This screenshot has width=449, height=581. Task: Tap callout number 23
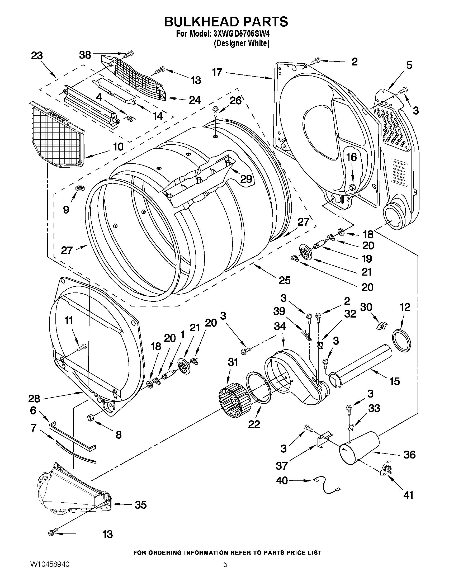pyautogui.click(x=37, y=56)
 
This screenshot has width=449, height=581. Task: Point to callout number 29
pyautogui.click(x=246, y=179)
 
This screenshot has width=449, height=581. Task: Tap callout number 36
pyautogui.click(x=409, y=455)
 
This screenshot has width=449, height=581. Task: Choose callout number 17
pyautogui.click(x=217, y=72)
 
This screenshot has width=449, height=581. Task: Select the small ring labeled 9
pyautogui.click(x=79, y=188)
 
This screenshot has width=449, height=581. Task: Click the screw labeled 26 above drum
pyautogui.click(x=215, y=111)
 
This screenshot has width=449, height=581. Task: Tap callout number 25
pyautogui.click(x=285, y=280)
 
